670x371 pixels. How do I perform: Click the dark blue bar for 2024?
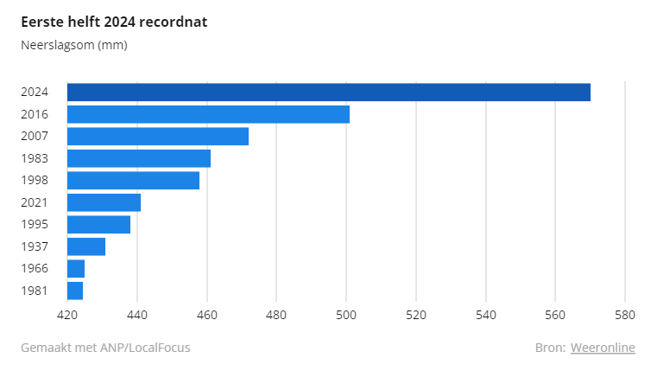coord(329,92)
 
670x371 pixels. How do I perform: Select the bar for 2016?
coord(208,114)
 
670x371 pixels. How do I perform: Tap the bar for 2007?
coord(158,136)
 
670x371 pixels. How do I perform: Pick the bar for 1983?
coord(139,158)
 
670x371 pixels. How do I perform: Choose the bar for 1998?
coord(133,180)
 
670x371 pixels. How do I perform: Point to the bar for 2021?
coord(104,202)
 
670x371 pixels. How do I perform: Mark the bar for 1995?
coord(98,224)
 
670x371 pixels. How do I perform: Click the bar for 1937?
coord(86,246)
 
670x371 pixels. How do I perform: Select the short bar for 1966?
coord(76,268)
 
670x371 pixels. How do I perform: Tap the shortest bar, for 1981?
coord(75,291)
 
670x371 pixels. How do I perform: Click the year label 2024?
coord(35,92)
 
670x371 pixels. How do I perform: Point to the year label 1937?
coord(35,246)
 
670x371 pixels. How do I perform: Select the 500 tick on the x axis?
coord(346,316)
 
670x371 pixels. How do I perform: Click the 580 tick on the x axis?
coord(625,316)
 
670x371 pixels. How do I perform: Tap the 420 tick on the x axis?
coord(67,316)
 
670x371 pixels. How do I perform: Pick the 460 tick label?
coord(207,316)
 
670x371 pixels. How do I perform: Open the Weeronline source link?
coord(603,348)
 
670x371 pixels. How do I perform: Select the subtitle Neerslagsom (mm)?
coord(74,45)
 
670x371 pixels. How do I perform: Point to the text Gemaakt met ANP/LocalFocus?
coord(105,348)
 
